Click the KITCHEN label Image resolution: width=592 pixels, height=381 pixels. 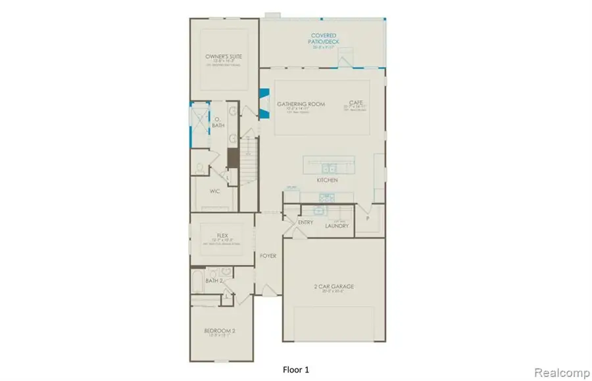(x=327, y=180)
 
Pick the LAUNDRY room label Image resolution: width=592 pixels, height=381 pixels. (x=336, y=226)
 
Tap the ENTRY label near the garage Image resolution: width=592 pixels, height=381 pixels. (x=305, y=223)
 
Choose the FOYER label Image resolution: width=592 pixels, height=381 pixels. (x=268, y=256)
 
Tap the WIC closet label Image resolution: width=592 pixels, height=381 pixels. (x=214, y=192)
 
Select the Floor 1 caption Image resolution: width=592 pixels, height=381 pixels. (x=295, y=369)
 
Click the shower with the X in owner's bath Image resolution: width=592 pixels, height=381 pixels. (x=199, y=120)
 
